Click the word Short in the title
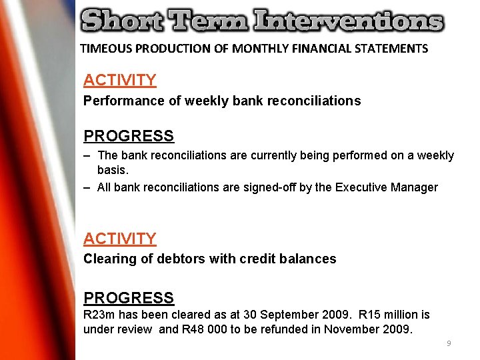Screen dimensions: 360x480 (120, 21)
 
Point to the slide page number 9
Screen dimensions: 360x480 (449, 343)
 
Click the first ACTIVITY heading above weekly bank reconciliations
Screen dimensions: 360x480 (120, 81)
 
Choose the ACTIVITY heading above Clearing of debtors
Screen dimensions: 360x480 (120, 239)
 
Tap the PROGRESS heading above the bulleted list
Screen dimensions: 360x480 (129, 136)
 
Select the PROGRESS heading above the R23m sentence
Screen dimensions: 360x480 (129, 298)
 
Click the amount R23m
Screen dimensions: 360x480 (98, 314)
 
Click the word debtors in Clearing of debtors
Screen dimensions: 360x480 (180, 259)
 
